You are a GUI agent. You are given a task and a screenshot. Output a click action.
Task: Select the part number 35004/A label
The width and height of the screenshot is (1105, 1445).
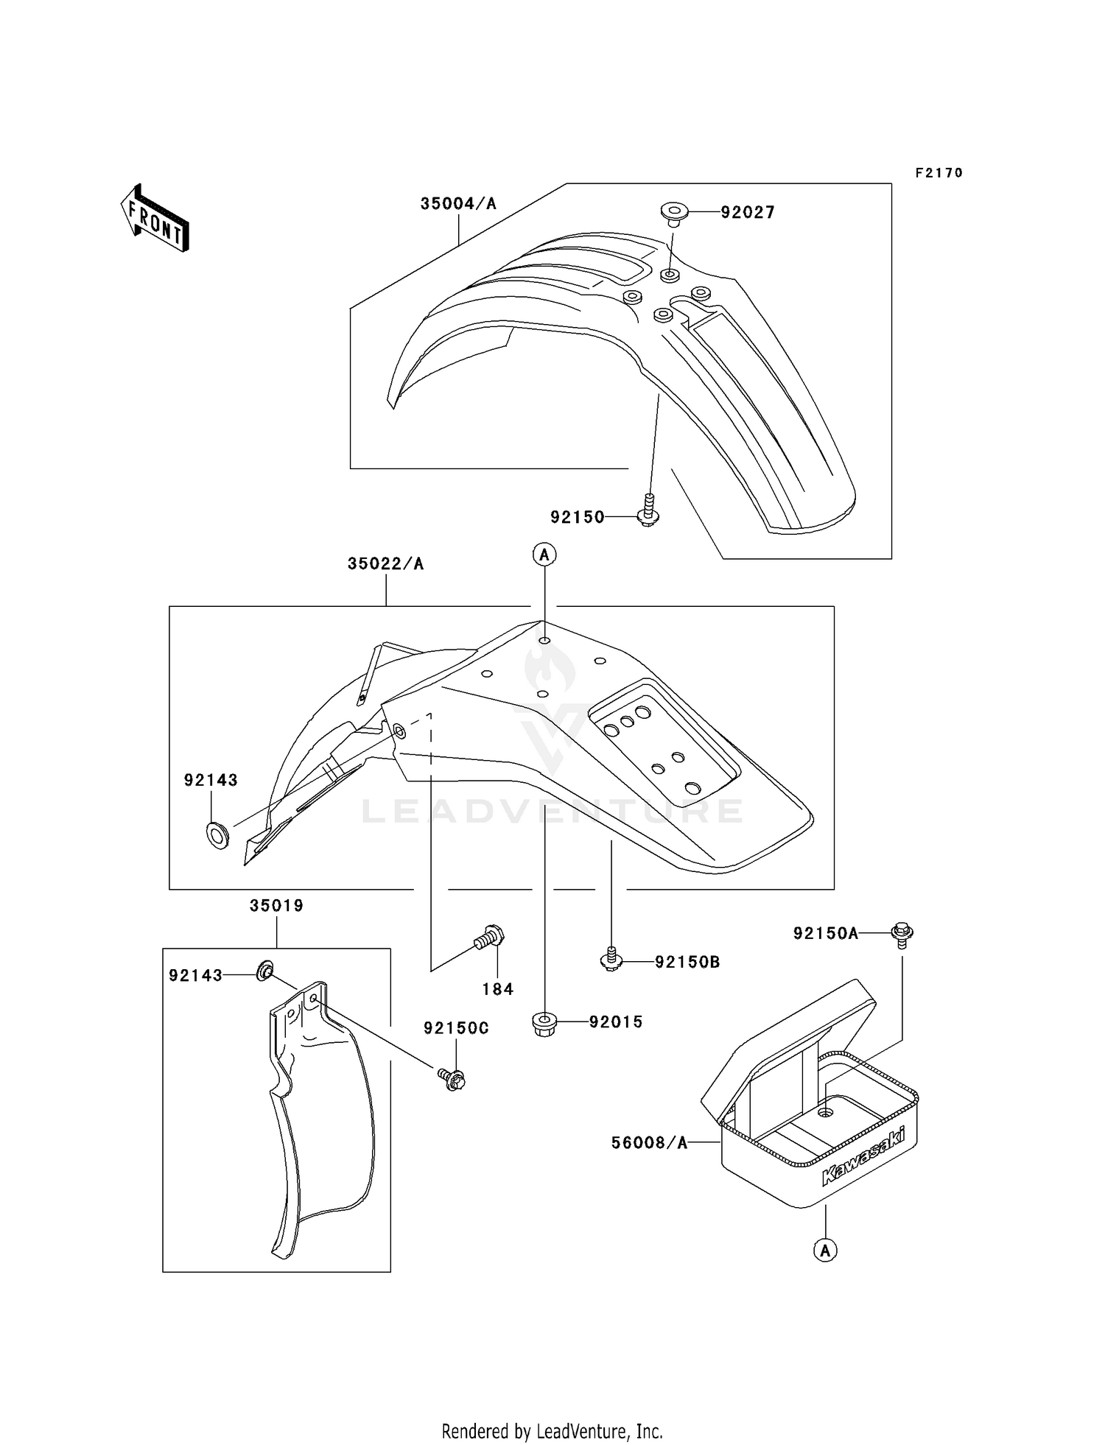[458, 204]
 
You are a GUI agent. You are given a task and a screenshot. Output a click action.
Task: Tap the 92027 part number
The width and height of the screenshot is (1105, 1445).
[748, 213]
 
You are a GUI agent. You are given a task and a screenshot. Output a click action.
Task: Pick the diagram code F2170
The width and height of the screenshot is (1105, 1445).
[939, 173]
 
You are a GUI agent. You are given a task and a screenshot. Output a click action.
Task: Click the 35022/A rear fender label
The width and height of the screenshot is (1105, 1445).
[386, 564]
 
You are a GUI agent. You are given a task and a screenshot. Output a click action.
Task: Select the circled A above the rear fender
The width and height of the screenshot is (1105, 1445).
[544, 555]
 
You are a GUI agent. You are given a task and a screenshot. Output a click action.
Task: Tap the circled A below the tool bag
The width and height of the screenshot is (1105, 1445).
[825, 1250]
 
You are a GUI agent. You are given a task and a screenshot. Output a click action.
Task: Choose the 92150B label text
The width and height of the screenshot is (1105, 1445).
[687, 962]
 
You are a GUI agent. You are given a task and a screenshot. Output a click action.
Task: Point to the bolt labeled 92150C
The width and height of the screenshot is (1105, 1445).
[454, 1080]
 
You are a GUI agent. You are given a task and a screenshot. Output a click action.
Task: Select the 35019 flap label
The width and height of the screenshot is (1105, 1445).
[277, 906]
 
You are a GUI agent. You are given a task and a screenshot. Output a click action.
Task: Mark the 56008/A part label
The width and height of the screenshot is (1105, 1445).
[649, 1143]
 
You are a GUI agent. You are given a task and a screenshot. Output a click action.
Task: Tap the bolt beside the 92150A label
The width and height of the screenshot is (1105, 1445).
[902, 933]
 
